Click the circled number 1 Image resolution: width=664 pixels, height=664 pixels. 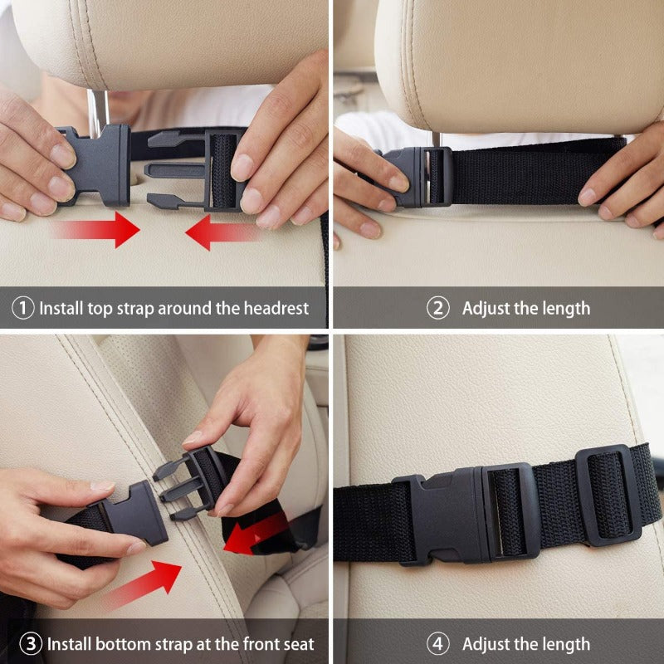[23, 308]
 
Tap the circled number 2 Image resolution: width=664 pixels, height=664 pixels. [438, 308]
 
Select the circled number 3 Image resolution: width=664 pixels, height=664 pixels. [30, 643]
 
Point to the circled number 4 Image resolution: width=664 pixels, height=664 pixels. [438, 643]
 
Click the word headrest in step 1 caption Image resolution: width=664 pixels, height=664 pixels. [276, 308]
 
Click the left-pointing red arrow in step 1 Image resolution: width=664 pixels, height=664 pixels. [220, 233]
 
